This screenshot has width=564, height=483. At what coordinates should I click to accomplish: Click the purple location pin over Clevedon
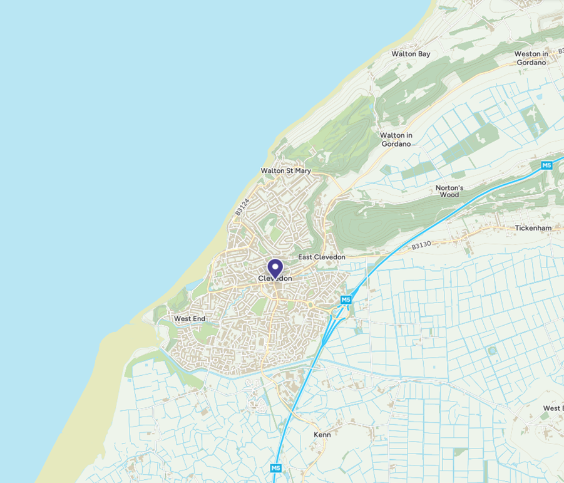(x=275, y=268)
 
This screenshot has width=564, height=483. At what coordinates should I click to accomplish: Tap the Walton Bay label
(x=411, y=54)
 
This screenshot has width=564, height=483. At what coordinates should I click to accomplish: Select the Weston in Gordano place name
(x=531, y=58)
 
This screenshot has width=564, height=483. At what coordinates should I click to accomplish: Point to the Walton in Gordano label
(x=396, y=139)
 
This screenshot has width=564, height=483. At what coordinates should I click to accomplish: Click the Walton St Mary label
(x=285, y=170)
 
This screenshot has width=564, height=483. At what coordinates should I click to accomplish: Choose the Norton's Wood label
(x=449, y=191)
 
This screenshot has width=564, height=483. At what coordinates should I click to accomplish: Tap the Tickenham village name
(x=533, y=228)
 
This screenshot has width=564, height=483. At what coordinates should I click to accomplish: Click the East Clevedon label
(x=322, y=257)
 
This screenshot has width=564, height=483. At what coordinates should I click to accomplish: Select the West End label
(x=190, y=319)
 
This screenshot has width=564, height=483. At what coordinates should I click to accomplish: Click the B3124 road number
(x=242, y=207)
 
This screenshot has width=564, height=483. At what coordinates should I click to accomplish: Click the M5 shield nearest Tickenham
(x=546, y=165)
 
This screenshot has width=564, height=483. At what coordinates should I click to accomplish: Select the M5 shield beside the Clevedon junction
(x=346, y=301)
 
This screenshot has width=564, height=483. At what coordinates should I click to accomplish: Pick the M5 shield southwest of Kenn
(x=275, y=468)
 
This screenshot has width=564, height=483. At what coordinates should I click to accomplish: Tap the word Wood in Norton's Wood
(x=449, y=195)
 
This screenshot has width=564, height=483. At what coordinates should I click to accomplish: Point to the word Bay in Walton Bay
(x=424, y=54)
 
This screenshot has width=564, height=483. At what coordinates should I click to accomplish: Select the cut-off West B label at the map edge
(x=553, y=408)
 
